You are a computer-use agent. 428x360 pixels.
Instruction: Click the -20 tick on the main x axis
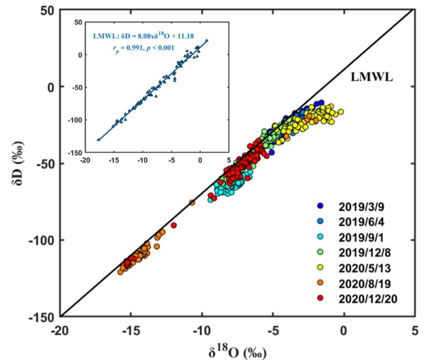(x=61, y=329)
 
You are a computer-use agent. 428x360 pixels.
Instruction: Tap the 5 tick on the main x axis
(x=414, y=329)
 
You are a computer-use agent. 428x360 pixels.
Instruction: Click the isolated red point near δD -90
(x=174, y=225)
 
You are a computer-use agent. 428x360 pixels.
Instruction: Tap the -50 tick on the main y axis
(x=46, y=163)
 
